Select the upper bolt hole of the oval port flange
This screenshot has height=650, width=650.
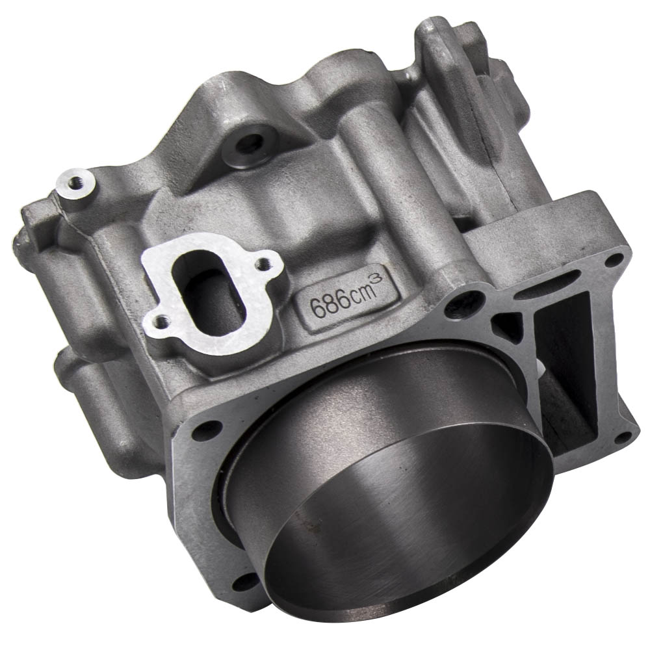tap(263, 264)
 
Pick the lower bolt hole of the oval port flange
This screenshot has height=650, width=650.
tap(156, 318)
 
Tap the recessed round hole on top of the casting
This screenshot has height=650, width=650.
tap(250, 144)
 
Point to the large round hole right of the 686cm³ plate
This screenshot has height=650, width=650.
tap(469, 301)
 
